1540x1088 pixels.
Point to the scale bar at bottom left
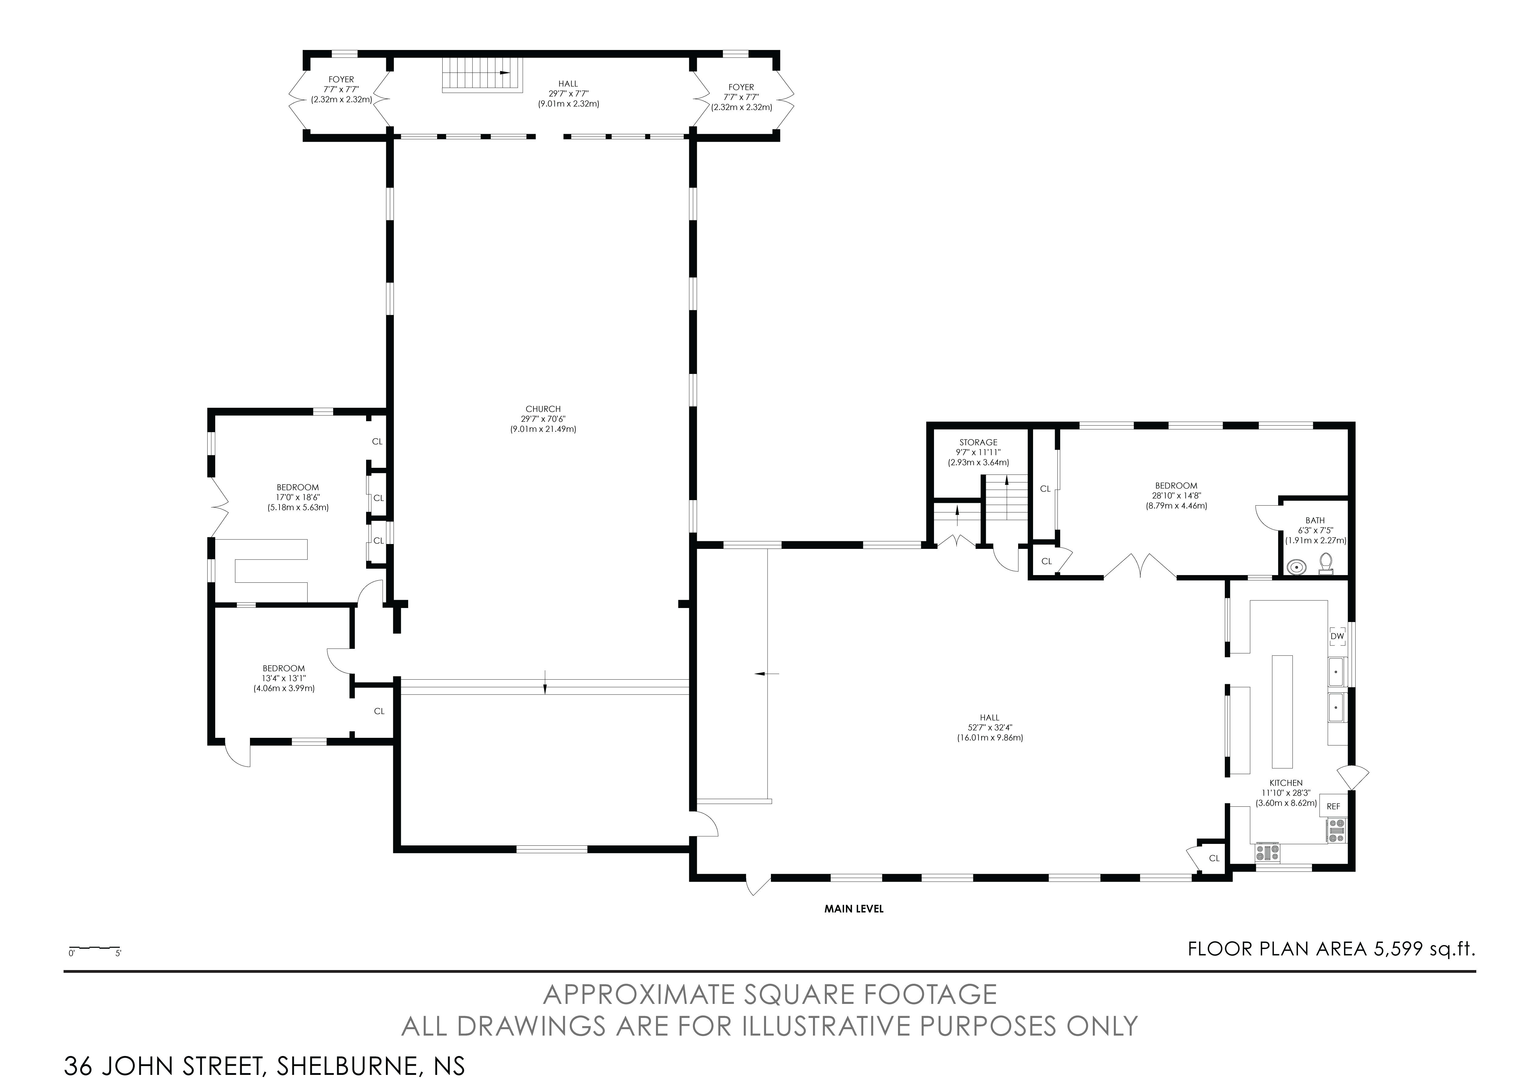click(94, 948)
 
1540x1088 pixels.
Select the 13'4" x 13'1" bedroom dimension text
click(284, 678)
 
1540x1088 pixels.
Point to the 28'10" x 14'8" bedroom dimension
click(1176, 496)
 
